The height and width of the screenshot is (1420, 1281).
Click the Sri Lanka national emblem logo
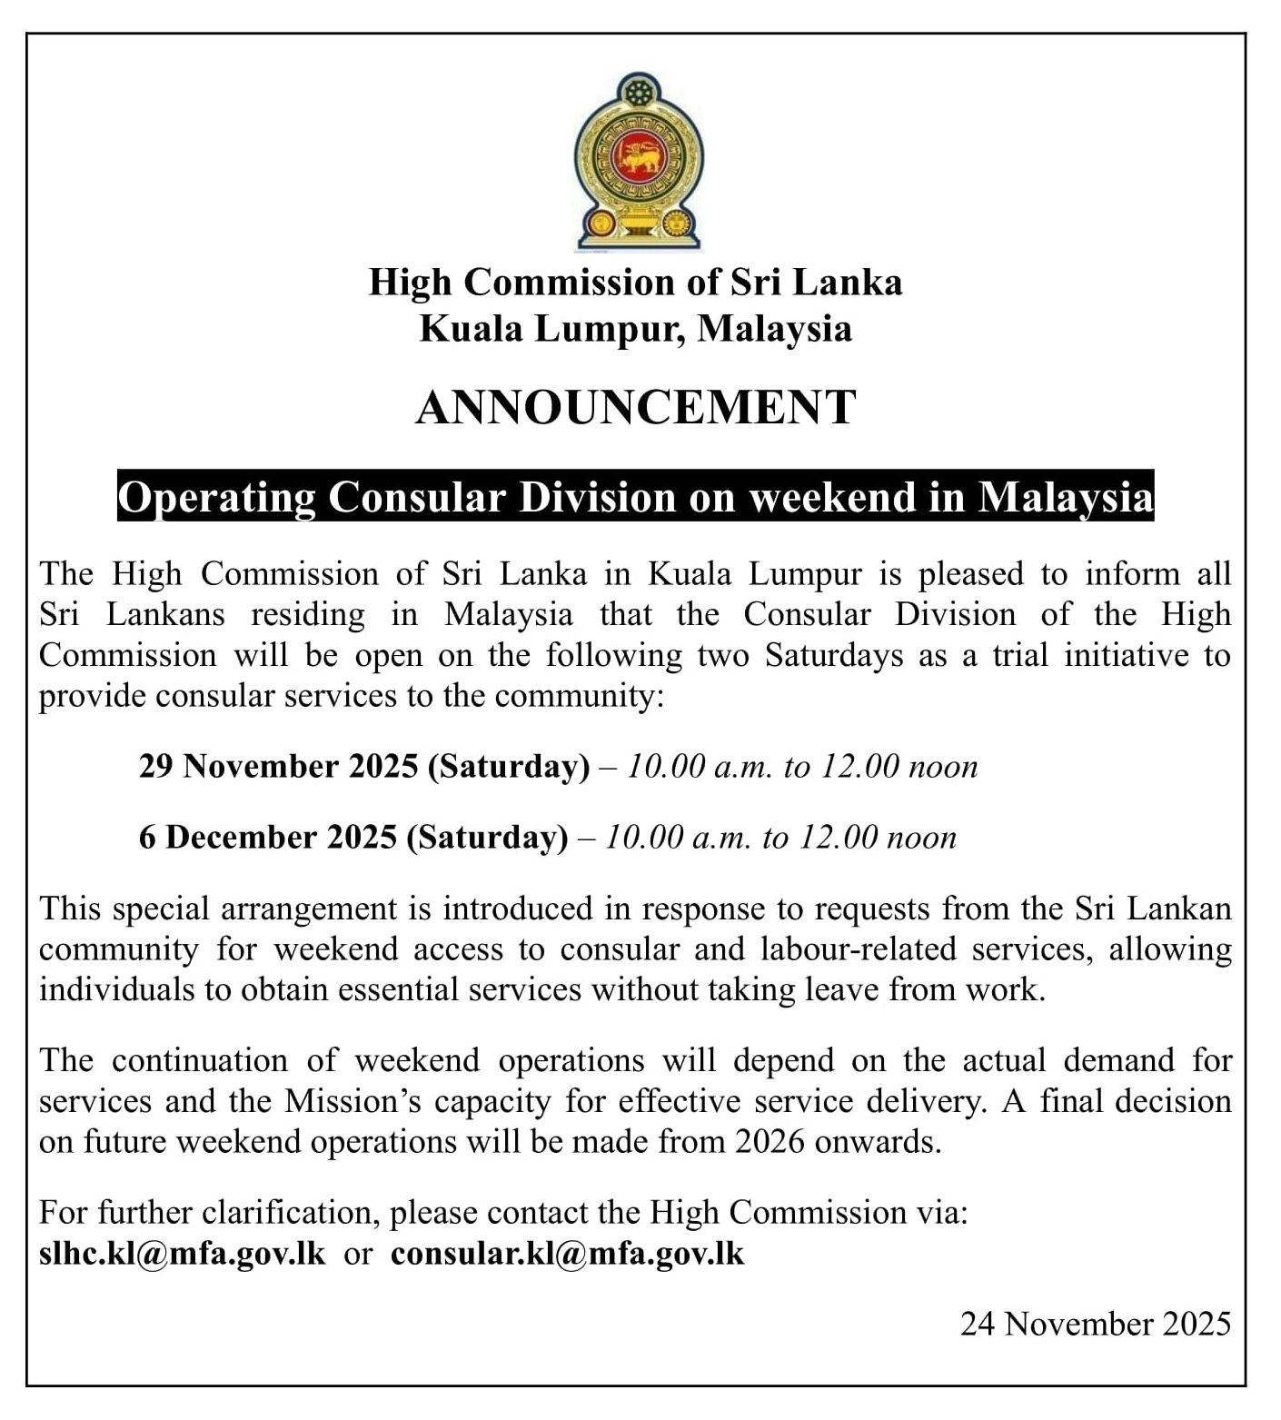[639, 162]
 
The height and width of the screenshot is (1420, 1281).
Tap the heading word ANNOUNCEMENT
[636, 407]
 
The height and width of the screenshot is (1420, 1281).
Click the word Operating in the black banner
[217, 496]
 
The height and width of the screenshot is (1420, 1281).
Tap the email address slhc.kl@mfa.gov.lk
[183, 1253]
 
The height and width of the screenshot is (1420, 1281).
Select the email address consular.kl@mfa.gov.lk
[567, 1253]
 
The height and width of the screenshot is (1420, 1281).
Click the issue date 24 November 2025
[1096, 1324]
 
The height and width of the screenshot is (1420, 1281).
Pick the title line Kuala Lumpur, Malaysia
[636, 328]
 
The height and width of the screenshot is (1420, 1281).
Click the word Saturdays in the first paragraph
[834, 655]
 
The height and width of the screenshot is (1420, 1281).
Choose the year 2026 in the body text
[770, 1141]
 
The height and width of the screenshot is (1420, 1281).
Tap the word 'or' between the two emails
[358, 1254]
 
